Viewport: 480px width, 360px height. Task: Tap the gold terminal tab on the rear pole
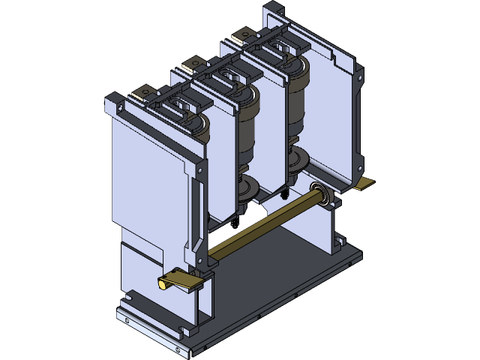click(x=244, y=34)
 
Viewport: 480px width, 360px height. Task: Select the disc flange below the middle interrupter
click(x=247, y=187)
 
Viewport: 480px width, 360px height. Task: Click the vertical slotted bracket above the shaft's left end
click(x=197, y=217)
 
